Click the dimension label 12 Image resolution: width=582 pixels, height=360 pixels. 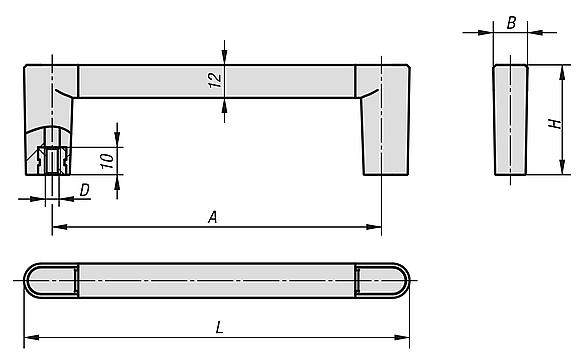coord(215,80)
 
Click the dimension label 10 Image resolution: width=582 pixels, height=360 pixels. coord(108,161)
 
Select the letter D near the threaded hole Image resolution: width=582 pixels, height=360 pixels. coord(85,190)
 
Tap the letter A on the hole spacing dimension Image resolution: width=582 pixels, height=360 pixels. coord(213,217)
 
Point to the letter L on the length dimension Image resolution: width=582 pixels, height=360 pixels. coord(220,328)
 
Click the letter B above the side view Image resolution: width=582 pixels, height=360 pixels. coord(511,23)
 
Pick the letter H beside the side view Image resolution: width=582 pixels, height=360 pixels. coord(555,124)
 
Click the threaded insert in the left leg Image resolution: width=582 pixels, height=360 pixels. coord(52,160)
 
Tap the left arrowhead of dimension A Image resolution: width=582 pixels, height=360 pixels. coord(59,227)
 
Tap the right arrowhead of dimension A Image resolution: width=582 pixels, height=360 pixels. coord(374,227)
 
